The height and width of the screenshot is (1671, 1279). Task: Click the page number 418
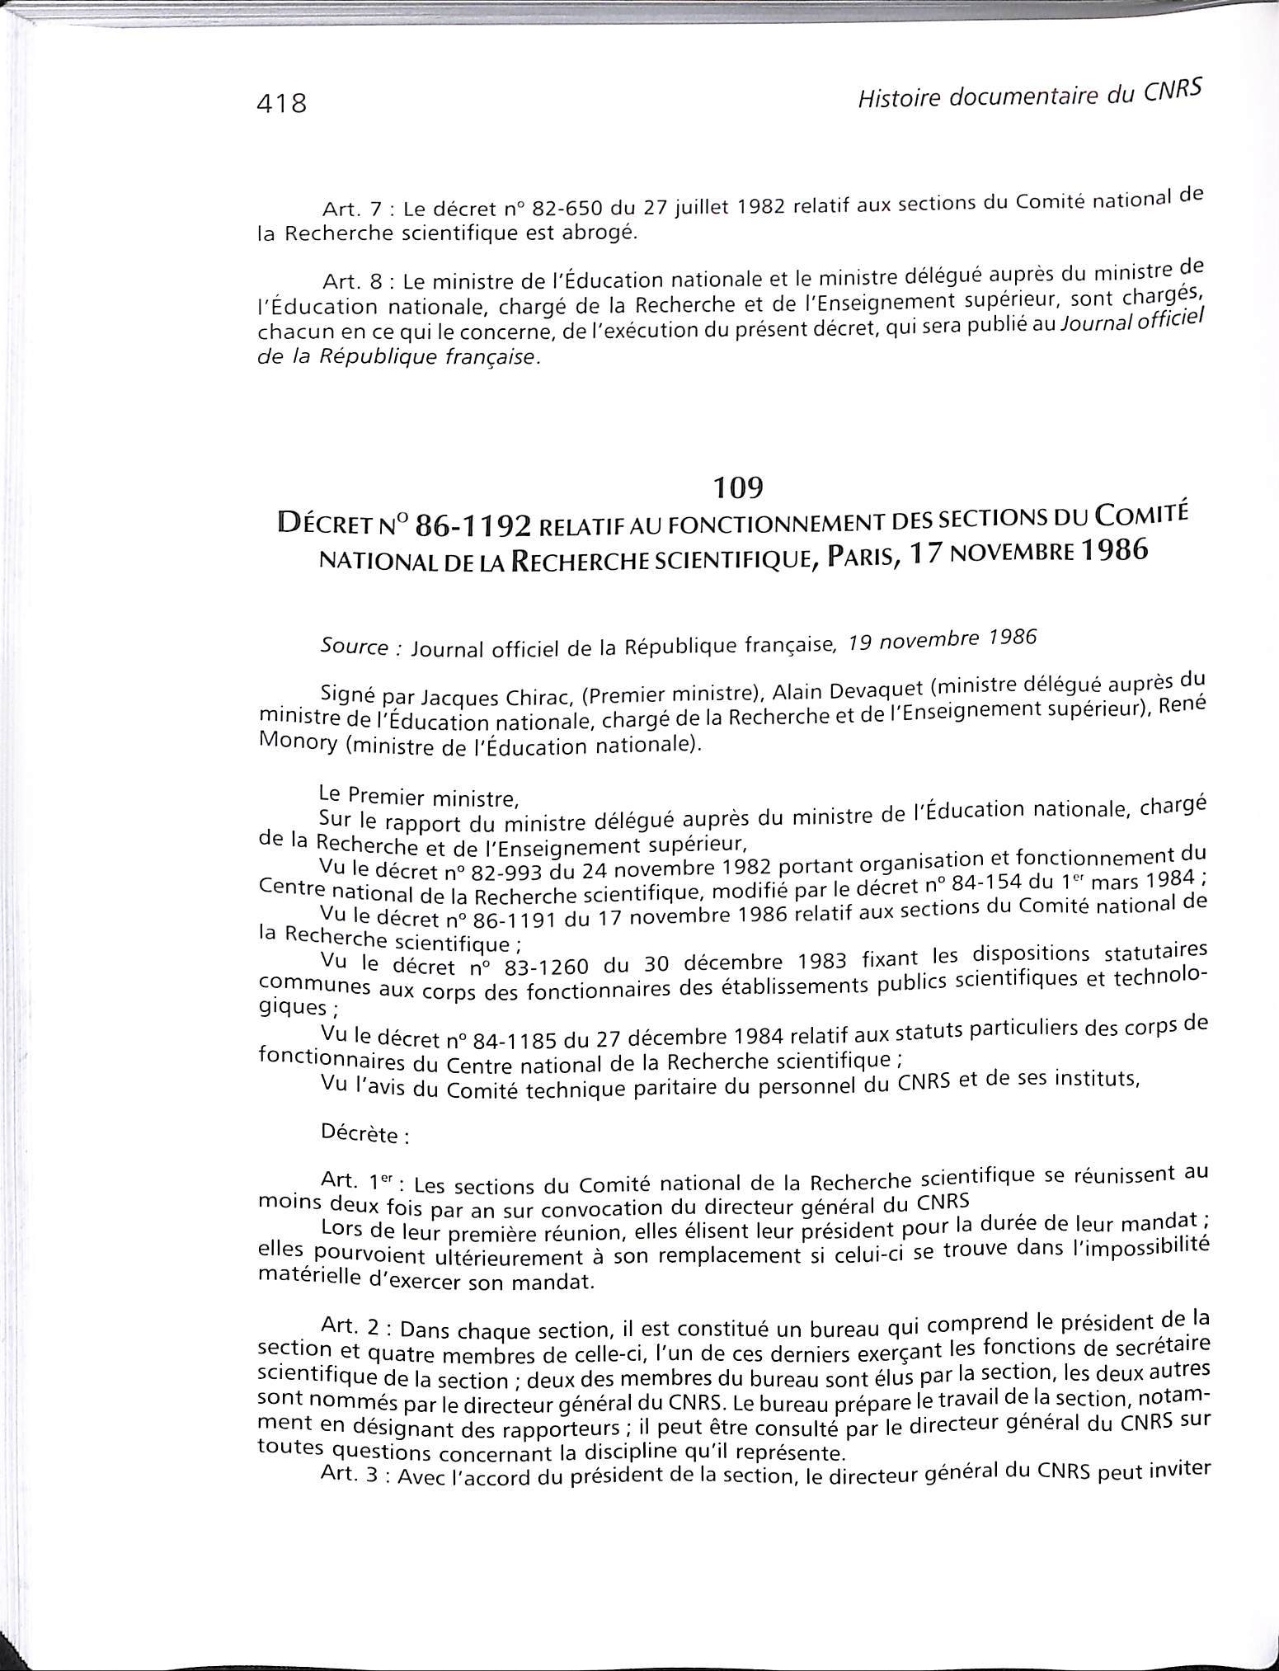[282, 104]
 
